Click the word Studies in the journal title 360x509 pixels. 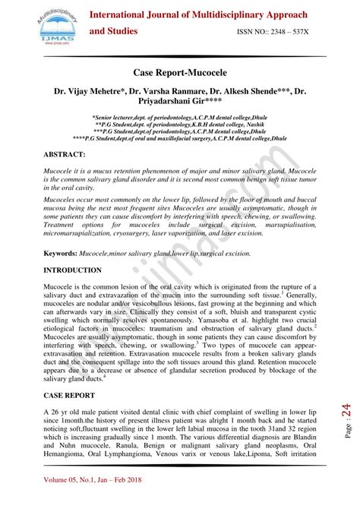[x=115, y=31]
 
